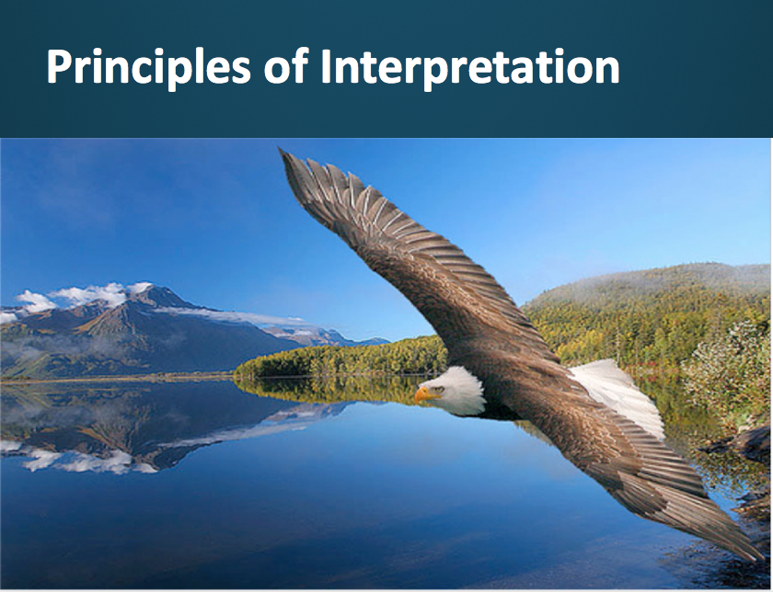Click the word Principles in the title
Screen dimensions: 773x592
point(148,68)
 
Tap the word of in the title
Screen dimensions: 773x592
point(287,65)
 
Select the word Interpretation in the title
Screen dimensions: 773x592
point(470,68)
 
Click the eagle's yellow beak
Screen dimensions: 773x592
point(424,395)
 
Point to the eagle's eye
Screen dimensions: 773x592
point(439,389)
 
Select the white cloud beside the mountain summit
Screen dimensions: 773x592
point(88,294)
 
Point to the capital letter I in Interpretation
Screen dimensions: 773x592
point(327,65)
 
